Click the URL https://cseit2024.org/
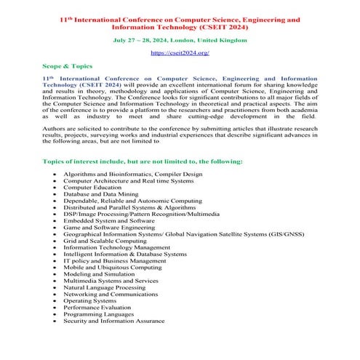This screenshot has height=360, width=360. [180, 53]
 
